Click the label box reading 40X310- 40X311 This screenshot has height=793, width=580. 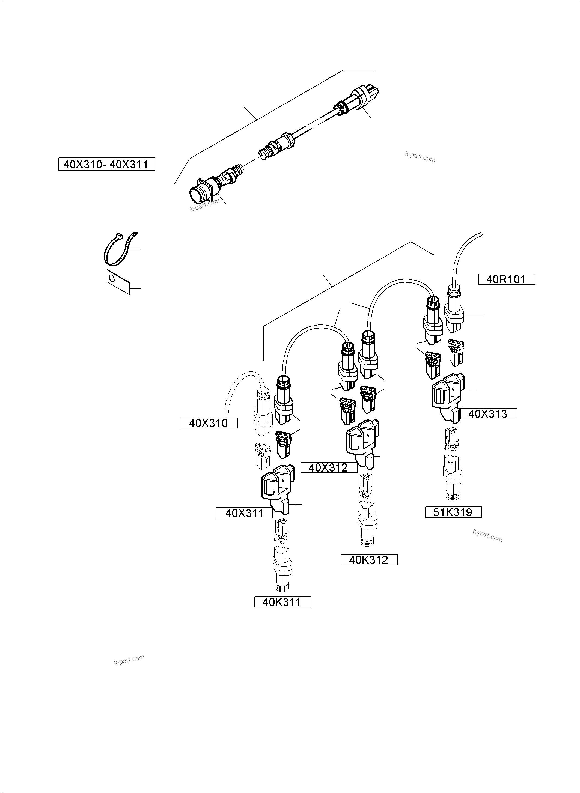point(106,164)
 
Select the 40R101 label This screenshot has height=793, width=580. point(506,279)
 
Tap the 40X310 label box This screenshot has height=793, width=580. point(209,423)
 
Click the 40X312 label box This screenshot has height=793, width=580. point(329,467)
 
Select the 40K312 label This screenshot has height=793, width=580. point(369,560)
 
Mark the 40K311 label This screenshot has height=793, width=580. point(282,602)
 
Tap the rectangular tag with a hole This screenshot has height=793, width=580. point(118,282)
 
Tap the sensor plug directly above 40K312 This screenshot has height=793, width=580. point(367,523)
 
